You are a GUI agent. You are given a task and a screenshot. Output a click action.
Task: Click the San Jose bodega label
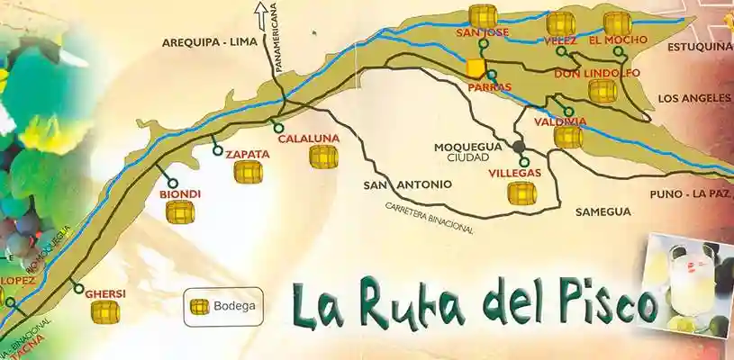484,32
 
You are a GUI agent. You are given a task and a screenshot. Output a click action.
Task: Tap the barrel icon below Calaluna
323,157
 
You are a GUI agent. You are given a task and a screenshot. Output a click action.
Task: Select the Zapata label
248,153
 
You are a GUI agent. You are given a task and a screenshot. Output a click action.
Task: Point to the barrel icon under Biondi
180,211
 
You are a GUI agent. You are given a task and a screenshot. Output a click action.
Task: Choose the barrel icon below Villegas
521,193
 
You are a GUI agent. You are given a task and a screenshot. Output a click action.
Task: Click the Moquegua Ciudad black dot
519,146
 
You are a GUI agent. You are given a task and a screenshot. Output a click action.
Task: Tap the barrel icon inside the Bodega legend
199,305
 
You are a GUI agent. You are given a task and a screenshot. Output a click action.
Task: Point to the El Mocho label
612,40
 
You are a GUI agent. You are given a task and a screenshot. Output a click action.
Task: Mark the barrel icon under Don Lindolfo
602,90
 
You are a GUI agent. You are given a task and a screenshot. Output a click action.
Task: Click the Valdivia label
560,121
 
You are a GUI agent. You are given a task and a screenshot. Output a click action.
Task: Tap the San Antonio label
407,184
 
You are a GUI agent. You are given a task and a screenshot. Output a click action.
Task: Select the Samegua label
603,211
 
